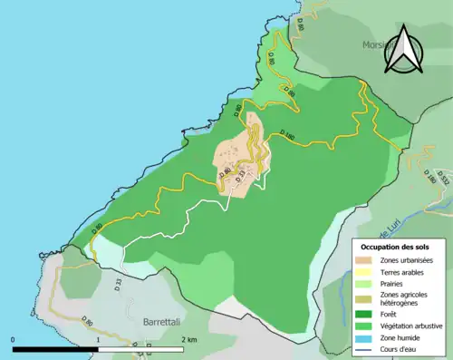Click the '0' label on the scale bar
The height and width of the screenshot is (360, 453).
[14, 339]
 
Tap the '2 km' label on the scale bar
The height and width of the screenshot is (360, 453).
[188, 339]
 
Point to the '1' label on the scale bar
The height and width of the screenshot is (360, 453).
[98, 339]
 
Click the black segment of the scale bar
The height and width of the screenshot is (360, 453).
[55, 349]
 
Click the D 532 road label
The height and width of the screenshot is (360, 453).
[442, 178]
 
